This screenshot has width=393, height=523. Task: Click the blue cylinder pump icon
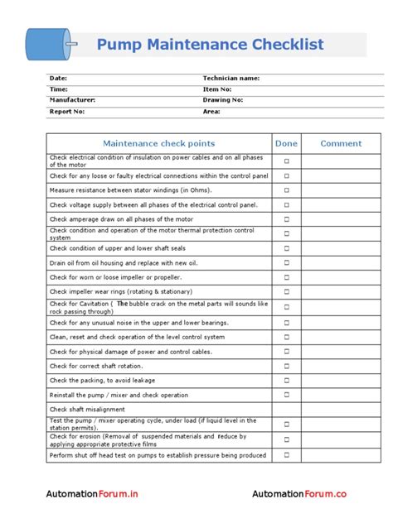click(49, 44)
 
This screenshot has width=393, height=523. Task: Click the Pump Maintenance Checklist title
click(210, 45)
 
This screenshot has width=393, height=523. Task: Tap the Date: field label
click(58, 78)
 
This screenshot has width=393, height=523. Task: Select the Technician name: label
click(231, 78)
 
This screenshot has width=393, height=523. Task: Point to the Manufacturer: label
click(72, 99)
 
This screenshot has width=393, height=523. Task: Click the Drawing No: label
click(223, 99)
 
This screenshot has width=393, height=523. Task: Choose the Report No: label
click(67, 110)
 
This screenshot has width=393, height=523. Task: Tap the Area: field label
click(211, 110)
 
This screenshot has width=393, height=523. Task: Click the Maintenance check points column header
click(158, 143)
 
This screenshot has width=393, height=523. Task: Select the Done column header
click(286, 143)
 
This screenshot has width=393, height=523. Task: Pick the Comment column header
click(341, 143)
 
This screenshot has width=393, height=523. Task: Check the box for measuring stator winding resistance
click(287, 190)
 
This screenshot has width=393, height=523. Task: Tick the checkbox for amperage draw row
click(287, 219)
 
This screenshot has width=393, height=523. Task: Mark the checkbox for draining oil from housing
click(287, 262)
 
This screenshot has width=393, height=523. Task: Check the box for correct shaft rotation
click(287, 366)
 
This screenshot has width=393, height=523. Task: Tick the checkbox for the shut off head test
click(287, 455)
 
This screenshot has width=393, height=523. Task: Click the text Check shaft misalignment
click(87, 410)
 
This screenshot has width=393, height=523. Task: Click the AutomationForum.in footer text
click(92, 494)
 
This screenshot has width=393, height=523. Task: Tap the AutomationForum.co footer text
click(300, 494)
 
